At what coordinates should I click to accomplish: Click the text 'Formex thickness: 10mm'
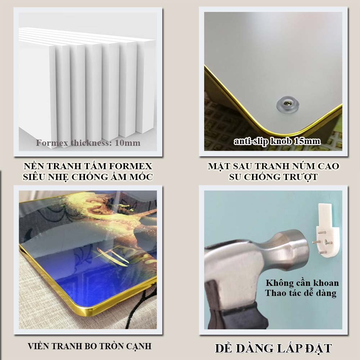pos(88,143)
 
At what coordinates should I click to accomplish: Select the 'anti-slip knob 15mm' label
pos(277,141)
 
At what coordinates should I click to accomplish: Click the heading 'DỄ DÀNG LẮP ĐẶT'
pos(273,348)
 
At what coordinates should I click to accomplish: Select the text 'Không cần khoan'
pos(302,283)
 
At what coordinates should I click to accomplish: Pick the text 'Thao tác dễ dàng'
pos(301,293)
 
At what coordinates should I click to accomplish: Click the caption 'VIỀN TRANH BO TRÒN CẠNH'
pos(90,346)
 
